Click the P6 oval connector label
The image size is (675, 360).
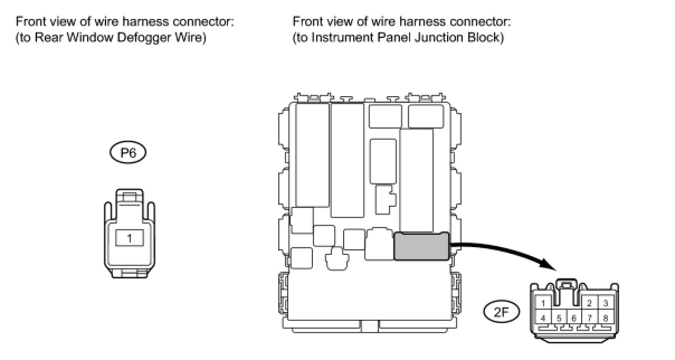pyautogui.click(x=129, y=153)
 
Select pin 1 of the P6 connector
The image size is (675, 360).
pyautogui.click(x=129, y=238)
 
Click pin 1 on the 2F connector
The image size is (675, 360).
pyautogui.click(x=543, y=304)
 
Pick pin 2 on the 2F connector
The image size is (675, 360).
pyautogui.click(x=589, y=304)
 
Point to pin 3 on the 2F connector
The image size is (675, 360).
pyautogui.click(x=605, y=304)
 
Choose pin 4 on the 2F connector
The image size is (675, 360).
pyautogui.click(x=543, y=318)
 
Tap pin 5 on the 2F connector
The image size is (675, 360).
pyautogui.click(x=558, y=318)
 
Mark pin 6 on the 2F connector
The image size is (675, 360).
pyautogui.click(x=573, y=318)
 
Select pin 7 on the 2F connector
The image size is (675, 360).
pyautogui.click(x=589, y=318)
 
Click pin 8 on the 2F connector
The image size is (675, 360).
pyautogui.click(x=605, y=318)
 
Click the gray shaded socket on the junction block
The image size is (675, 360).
pyautogui.click(x=422, y=247)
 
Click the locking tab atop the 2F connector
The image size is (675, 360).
pyautogui.click(x=566, y=286)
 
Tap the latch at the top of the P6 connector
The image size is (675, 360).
pyautogui.click(x=129, y=197)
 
